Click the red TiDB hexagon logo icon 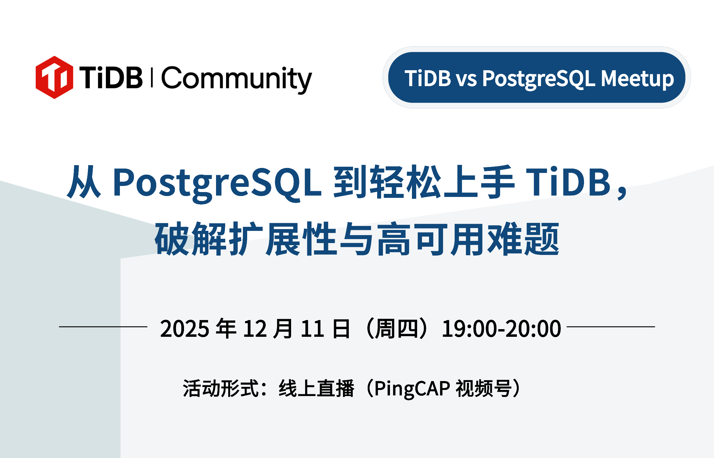point(54,78)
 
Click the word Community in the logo point(236,79)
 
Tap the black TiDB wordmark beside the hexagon point(111,78)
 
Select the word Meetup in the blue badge point(637,79)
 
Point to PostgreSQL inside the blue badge point(539,79)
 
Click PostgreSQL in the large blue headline point(217,183)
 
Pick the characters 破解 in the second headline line point(191,239)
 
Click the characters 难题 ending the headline point(523,239)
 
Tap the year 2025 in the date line point(185,329)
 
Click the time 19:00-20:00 point(501,329)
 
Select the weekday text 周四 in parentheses point(396,329)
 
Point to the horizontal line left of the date point(103,327)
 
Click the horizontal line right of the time point(611,327)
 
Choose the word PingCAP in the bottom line point(412,389)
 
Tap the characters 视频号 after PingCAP point(484,389)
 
